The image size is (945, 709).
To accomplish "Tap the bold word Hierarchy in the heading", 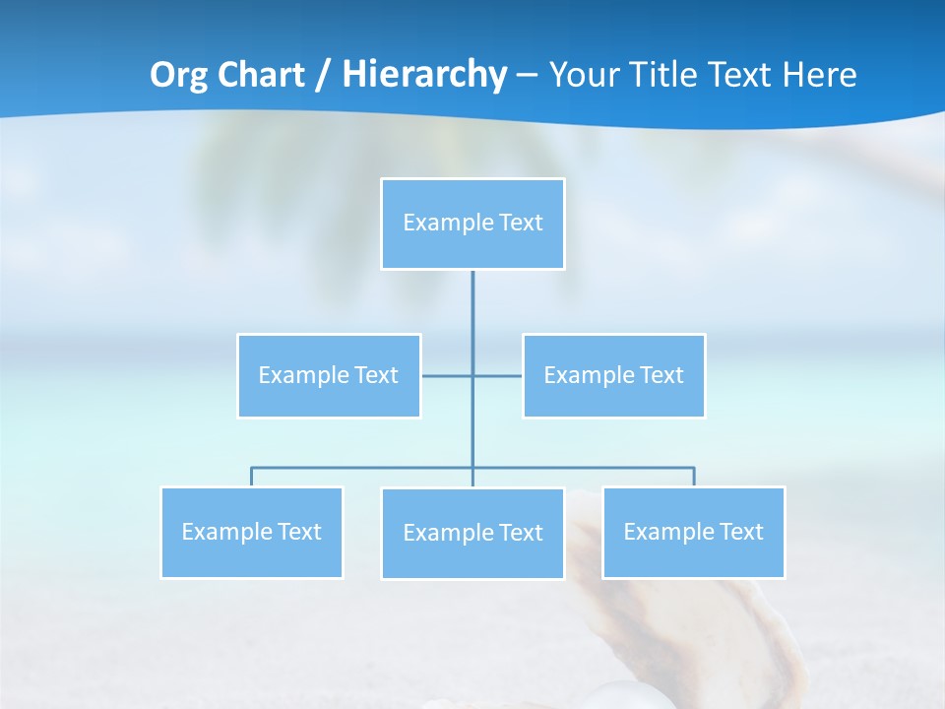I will (x=424, y=75).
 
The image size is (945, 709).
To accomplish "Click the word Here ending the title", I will (x=819, y=75).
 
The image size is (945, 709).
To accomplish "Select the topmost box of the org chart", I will (x=472, y=224).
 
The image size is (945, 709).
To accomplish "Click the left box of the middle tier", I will (x=329, y=375).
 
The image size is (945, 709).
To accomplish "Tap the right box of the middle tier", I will (x=613, y=375).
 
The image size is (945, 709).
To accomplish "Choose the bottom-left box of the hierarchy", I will (x=251, y=532).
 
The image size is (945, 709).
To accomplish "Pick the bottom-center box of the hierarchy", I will (x=472, y=533).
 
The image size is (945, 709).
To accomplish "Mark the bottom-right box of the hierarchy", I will (x=693, y=532).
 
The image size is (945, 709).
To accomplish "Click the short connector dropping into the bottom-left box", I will (x=251, y=477).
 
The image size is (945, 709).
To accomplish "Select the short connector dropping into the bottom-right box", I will (x=694, y=477).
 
